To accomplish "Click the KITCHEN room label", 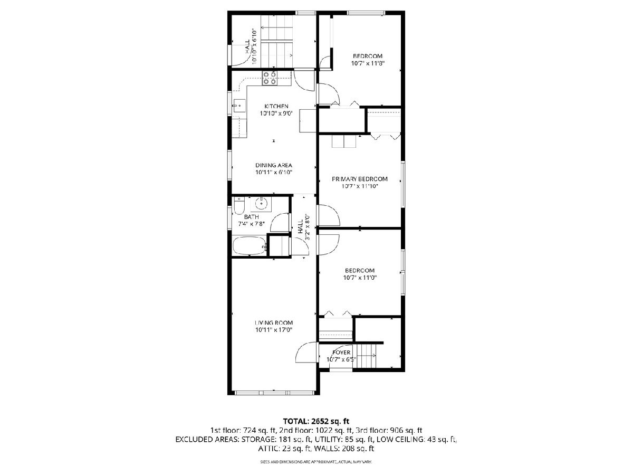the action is pos(276,106).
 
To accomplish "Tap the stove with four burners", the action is pos(270,78).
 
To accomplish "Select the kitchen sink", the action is pos(239,106).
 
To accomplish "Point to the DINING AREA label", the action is pos(274,165).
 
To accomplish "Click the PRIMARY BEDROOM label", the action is pos(359,179).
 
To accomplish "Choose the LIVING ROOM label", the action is pos(274,322).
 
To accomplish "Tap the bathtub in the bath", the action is pos(249,246).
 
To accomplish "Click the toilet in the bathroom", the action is pos(239,206).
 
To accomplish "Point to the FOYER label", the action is pos(341,353).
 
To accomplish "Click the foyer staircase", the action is pos(367,356).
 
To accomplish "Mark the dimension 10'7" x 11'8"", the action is pos(368,63).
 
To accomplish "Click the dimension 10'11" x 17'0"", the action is pos(274,330).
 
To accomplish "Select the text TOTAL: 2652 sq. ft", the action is pos(316,421).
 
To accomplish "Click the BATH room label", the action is pos(252,217).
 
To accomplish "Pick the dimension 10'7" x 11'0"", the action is pos(360,278).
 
